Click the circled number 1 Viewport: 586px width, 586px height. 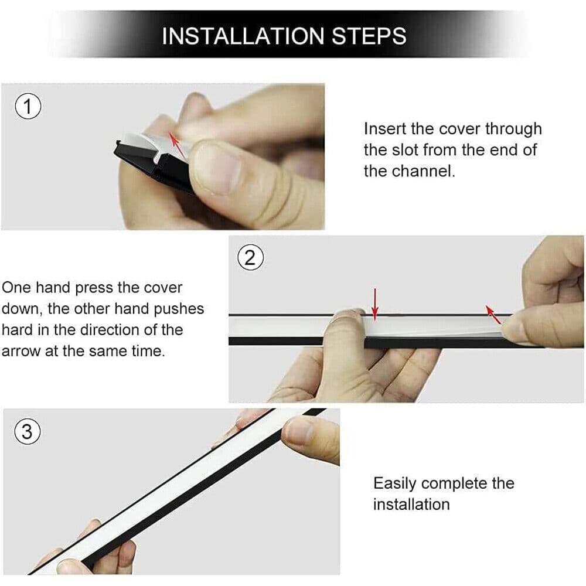[x=28, y=108]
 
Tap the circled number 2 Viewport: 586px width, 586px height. [x=250, y=258]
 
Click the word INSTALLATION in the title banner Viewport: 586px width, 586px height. [x=243, y=36]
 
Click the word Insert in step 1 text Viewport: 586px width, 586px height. [x=384, y=129]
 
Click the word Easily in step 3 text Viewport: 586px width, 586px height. [x=395, y=483]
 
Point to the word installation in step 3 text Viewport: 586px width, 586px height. [x=411, y=505]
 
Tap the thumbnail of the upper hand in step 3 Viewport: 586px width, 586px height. [x=300, y=431]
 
